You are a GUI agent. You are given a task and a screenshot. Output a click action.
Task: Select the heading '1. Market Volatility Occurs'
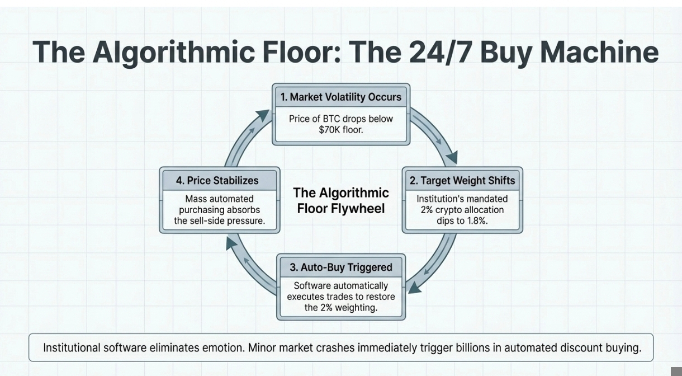click(341, 97)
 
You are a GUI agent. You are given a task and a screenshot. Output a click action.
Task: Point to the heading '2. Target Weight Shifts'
click(462, 180)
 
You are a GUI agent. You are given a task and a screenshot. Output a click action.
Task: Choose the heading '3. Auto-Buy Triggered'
click(341, 267)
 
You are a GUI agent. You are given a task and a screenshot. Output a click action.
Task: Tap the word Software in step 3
click(313, 285)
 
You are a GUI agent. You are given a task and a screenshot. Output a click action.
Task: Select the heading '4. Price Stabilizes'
click(217, 180)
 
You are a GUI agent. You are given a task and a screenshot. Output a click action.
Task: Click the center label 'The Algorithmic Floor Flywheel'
click(341, 201)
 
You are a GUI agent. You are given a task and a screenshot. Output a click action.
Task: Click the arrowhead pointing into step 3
click(414, 286)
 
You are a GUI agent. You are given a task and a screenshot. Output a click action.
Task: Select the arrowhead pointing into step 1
click(262, 115)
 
